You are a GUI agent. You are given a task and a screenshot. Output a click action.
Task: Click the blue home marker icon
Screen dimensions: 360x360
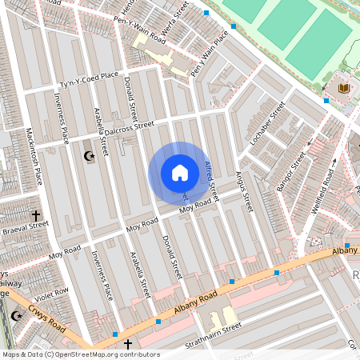coord(180,173)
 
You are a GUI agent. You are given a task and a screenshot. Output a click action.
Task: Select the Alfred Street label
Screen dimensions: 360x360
coord(210,181)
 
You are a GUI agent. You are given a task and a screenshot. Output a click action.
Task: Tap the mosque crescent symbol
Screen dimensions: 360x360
coord(89,157)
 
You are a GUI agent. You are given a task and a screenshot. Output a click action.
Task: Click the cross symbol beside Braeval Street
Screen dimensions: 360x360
coord(35,215)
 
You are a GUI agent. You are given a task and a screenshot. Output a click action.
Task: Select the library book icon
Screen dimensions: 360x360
coord(344,87)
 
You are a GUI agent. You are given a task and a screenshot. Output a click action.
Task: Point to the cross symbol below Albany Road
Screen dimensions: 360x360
coord(127,343)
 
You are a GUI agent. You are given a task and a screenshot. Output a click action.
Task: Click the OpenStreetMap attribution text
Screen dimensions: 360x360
coord(80,354)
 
